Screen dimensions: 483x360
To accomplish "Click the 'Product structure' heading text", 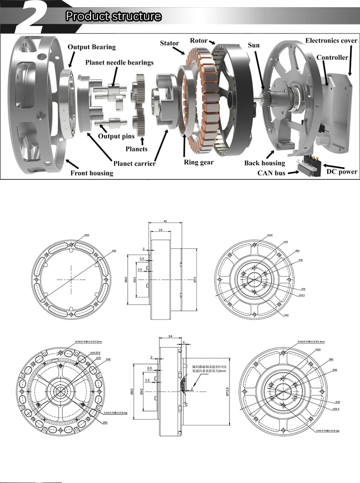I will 113,16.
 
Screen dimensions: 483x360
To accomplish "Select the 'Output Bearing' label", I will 92,47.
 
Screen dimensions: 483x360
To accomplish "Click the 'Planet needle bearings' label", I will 120,62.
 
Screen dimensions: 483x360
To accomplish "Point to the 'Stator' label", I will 169,44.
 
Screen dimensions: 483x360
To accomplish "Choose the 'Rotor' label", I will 199,40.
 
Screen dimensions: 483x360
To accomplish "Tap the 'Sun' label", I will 253,46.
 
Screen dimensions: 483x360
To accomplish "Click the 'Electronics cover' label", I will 331,41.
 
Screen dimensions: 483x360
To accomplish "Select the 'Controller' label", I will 332,58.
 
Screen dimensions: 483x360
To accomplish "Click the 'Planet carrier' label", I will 134,164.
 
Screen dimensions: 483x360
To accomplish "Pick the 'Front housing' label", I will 92,173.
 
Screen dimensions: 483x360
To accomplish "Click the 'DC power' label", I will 342,172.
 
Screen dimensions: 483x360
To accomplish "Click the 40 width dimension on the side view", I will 165,222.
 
